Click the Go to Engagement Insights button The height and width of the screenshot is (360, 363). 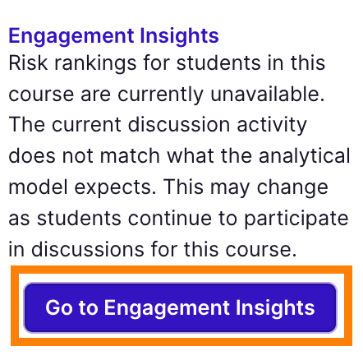[180, 307]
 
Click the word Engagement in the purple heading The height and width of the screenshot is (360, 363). [71, 37]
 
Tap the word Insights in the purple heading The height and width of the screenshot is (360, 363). [179, 37]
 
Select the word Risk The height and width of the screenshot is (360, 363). [28, 63]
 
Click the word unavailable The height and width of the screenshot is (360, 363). [268, 94]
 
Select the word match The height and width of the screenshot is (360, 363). [130, 156]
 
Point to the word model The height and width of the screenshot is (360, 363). [38, 187]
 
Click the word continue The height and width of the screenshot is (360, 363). [170, 219]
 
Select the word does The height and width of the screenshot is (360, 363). [32, 156]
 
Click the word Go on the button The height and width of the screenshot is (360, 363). [58, 307]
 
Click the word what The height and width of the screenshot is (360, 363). [191, 156]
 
